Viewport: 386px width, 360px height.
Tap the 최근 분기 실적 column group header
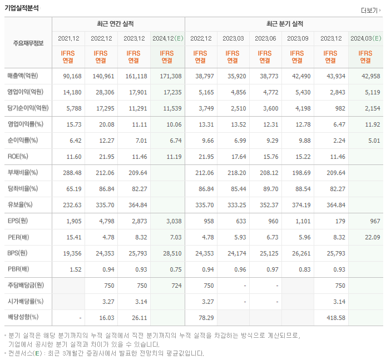pos(285,24)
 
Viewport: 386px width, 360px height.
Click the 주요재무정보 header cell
pos(28,43)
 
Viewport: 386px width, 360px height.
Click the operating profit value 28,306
pos(101,92)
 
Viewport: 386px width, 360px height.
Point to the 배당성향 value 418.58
pos(331,318)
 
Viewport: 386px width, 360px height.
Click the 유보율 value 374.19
pos(299,205)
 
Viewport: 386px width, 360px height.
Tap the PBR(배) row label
pos(18,269)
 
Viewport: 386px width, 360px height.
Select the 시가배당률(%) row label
pos(26,302)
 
